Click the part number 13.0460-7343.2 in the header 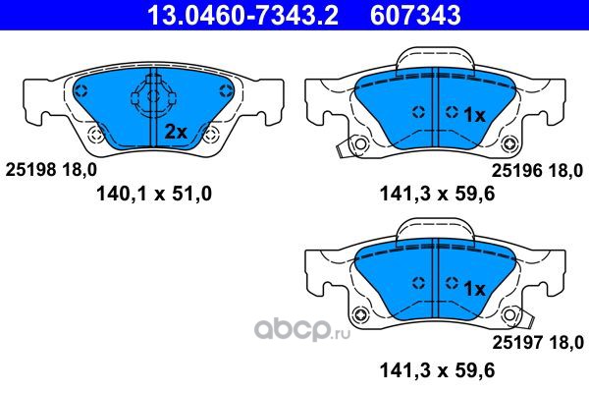pos(243,15)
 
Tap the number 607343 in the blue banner pos(415,15)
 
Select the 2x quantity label pos(176,132)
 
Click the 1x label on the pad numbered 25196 pos(475,115)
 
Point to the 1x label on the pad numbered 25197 pos(475,289)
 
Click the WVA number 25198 pos(30,170)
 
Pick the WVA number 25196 pos(517,171)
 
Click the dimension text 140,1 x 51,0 pos(154,195)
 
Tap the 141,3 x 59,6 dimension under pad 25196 pos(438,195)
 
